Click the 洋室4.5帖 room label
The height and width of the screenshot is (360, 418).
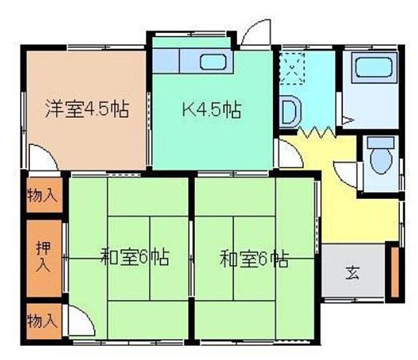(86, 110)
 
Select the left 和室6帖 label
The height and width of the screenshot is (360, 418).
(134, 258)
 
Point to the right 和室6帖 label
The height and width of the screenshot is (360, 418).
(254, 259)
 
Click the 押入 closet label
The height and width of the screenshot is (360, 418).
(42, 257)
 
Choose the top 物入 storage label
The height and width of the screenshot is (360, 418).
(42, 195)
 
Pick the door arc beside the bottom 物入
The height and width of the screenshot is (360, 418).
(80, 322)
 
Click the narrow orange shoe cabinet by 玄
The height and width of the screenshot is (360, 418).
(394, 272)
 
